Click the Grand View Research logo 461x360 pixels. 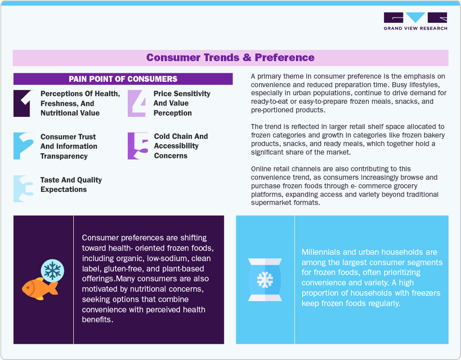coord(415,21)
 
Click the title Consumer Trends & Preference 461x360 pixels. coord(230,58)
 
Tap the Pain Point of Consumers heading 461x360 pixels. coord(123,79)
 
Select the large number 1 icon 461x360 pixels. coord(22,103)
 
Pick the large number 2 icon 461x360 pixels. coord(23,146)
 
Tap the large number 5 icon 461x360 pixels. coord(137,146)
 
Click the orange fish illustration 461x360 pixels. coord(40,288)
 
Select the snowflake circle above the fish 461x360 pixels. coord(53,270)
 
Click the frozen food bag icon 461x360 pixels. coord(265,280)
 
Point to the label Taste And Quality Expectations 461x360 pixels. coord(71,185)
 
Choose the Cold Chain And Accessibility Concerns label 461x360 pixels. coord(181,146)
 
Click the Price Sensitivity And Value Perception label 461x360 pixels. coord(182,103)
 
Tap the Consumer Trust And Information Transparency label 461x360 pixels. coord(69,147)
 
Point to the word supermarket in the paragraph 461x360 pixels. coord(271,202)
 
